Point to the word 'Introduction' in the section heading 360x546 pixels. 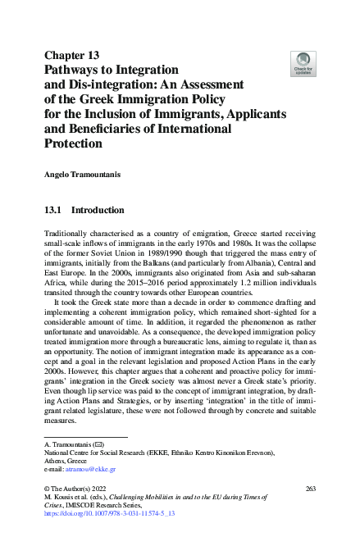coord(98,210)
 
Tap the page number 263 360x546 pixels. coord(310,489)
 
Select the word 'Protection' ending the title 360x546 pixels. coord(74,143)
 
